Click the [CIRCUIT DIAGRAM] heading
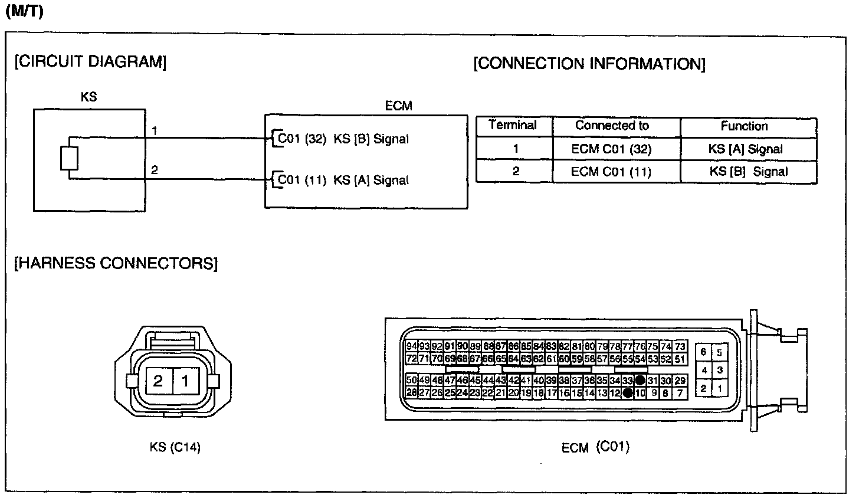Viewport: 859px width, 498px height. (90, 61)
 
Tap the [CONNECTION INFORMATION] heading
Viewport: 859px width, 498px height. (589, 64)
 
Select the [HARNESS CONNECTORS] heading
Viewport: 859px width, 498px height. (116, 263)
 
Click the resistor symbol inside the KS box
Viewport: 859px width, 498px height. (69, 158)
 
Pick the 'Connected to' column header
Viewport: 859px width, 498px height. (612, 126)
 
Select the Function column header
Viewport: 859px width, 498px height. (744, 126)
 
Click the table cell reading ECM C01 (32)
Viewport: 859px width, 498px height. (611, 149)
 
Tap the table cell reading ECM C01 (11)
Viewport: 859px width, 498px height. (611, 172)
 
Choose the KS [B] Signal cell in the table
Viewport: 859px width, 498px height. (748, 172)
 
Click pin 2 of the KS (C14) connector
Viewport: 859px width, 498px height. (158, 381)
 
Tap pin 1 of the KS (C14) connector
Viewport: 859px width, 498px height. (185, 381)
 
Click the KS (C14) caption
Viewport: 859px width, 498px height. (175, 448)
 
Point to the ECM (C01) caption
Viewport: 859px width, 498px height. (595, 447)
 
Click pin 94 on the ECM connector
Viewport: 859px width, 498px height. (412, 346)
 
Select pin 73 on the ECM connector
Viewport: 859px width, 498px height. (680, 346)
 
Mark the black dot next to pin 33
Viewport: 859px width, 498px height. (640, 381)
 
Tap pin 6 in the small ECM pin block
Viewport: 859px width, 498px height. (704, 352)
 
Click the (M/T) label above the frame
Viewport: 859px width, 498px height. (24, 12)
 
